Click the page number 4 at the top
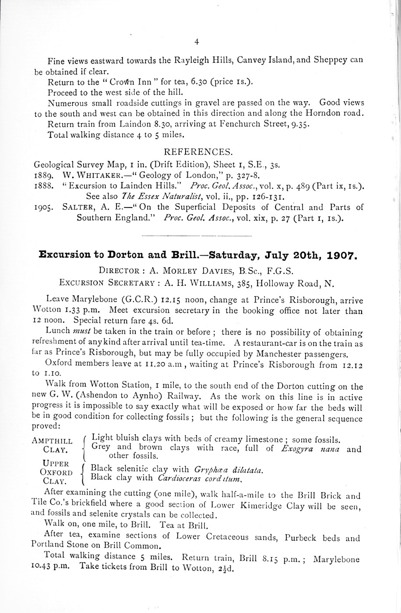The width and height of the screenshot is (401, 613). tap(197, 42)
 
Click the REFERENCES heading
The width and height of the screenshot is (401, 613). tap(198, 152)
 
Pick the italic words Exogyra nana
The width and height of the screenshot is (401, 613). tap(312, 448)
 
